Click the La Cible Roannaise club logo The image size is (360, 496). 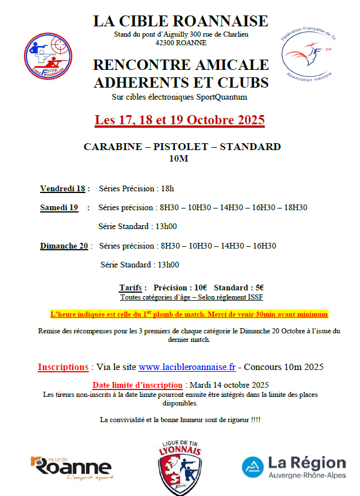(x=47, y=57)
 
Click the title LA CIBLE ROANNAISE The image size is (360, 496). (x=181, y=21)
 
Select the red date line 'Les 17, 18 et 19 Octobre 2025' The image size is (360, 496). (x=180, y=120)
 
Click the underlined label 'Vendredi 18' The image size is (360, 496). (x=62, y=188)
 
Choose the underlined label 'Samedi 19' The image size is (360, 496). (x=59, y=208)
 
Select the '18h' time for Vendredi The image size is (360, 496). (x=167, y=188)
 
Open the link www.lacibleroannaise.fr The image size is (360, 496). (x=187, y=367)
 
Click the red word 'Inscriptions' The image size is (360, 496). (x=62, y=367)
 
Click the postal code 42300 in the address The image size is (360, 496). (x=152, y=42)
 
